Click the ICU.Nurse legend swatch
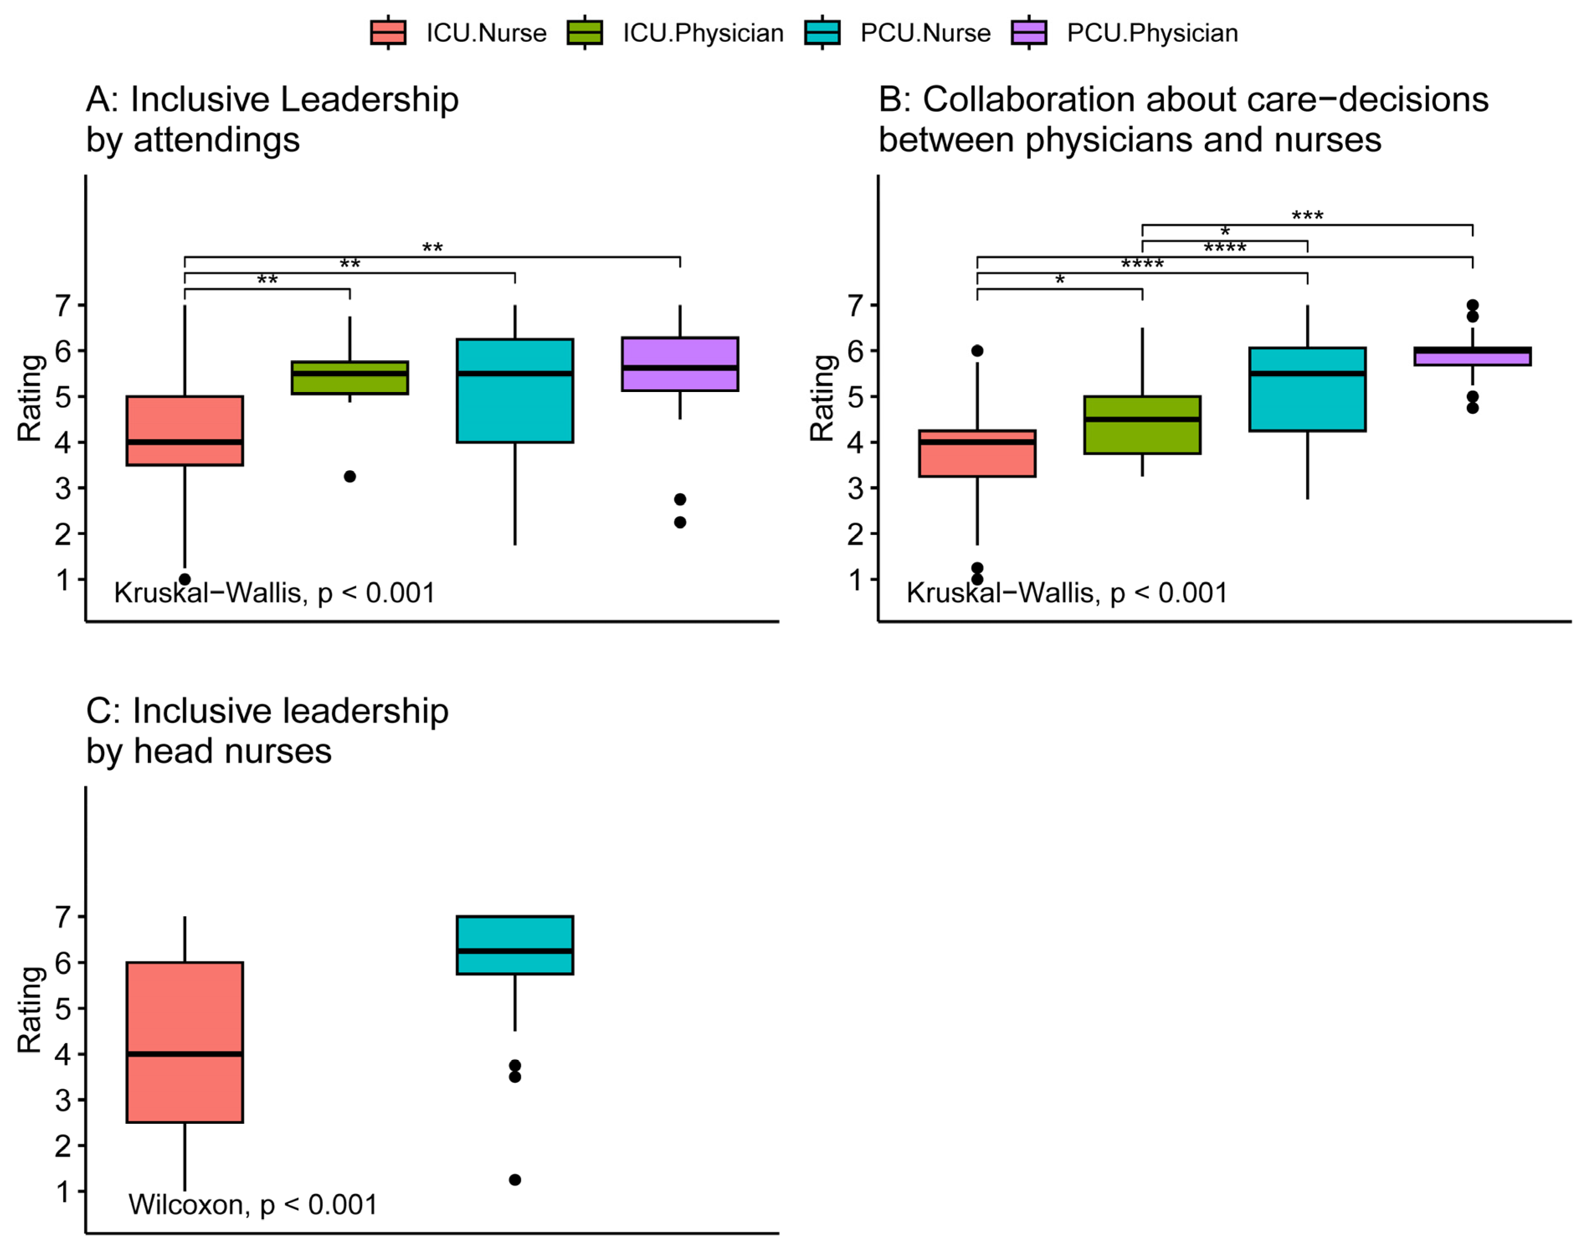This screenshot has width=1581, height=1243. [388, 33]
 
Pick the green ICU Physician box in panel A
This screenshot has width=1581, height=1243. [349, 378]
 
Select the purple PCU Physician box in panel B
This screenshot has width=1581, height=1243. [1472, 356]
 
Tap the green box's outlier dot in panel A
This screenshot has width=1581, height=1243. [350, 477]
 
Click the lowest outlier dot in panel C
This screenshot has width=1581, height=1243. [515, 1180]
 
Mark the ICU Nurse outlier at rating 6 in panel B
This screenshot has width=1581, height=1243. [977, 351]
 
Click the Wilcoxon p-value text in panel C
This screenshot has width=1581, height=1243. [252, 1205]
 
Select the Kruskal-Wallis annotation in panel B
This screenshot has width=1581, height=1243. [1066, 593]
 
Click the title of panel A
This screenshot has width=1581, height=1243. [272, 119]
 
